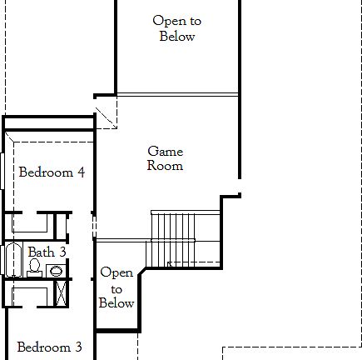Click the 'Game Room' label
tap(165, 158)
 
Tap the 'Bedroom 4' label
tap(52, 173)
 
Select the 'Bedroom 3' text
tap(49, 347)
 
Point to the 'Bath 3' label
tap(47, 252)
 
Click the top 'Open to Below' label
tap(176, 28)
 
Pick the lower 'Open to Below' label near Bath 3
tap(117, 287)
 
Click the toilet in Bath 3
tap(35, 267)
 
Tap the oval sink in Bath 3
tap(55, 270)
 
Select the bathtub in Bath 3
tap(12, 260)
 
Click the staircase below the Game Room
tap(171, 237)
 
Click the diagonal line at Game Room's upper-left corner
tap(107, 117)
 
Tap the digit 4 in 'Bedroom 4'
tap(81, 173)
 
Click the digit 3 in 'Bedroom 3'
tap(78, 347)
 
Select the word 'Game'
tap(165, 152)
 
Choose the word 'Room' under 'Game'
tap(165, 166)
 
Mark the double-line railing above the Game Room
tap(177, 94)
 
